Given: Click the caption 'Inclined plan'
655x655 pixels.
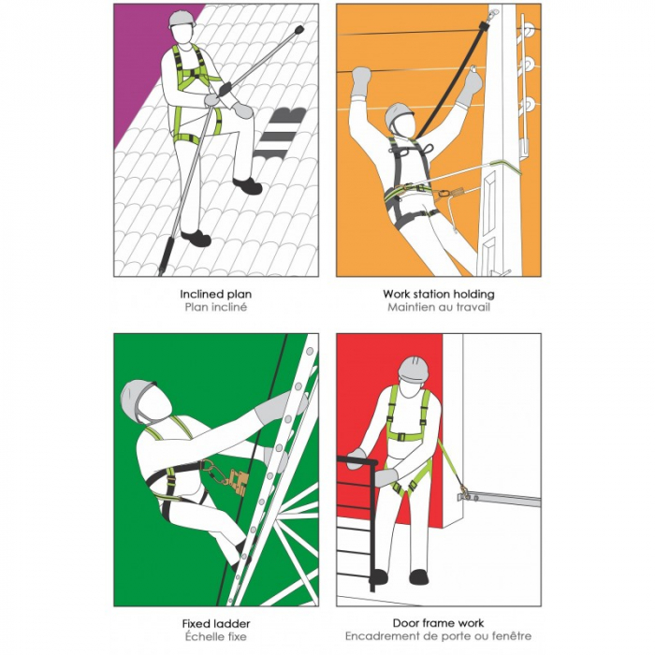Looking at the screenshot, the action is click(215, 295).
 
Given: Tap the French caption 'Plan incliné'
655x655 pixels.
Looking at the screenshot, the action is click(216, 308).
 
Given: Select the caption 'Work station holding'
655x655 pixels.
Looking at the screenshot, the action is click(439, 294).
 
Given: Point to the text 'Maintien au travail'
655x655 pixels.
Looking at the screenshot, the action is click(439, 308).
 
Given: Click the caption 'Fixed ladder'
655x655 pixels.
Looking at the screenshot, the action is click(216, 624).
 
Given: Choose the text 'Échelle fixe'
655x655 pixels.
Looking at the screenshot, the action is click(216, 636).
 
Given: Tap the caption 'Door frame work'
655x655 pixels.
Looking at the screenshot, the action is click(438, 623).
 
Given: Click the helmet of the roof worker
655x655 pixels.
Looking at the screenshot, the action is click(182, 19).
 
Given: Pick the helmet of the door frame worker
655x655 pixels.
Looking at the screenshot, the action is click(414, 368).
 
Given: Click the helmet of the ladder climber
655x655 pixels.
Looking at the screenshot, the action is click(135, 398).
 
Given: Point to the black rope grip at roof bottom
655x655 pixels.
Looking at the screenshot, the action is click(166, 255).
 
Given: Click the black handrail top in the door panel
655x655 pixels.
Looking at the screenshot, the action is click(357, 460).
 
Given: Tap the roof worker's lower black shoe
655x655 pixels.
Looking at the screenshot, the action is click(196, 238).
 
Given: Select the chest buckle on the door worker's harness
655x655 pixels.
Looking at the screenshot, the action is click(401, 437).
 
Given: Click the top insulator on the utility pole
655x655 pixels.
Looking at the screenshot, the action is click(527, 30).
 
